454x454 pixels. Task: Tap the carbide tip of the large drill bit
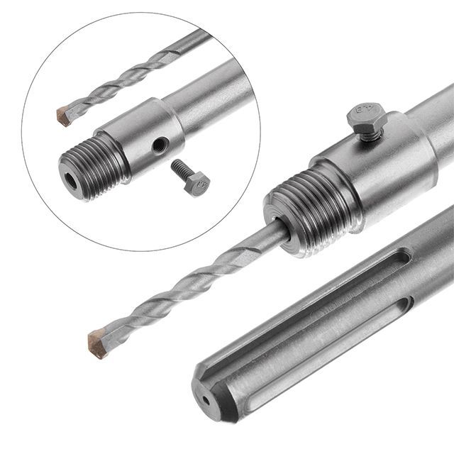(98, 343)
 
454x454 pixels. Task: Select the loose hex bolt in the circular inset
(190, 177)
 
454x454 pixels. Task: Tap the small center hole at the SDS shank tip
(206, 400)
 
